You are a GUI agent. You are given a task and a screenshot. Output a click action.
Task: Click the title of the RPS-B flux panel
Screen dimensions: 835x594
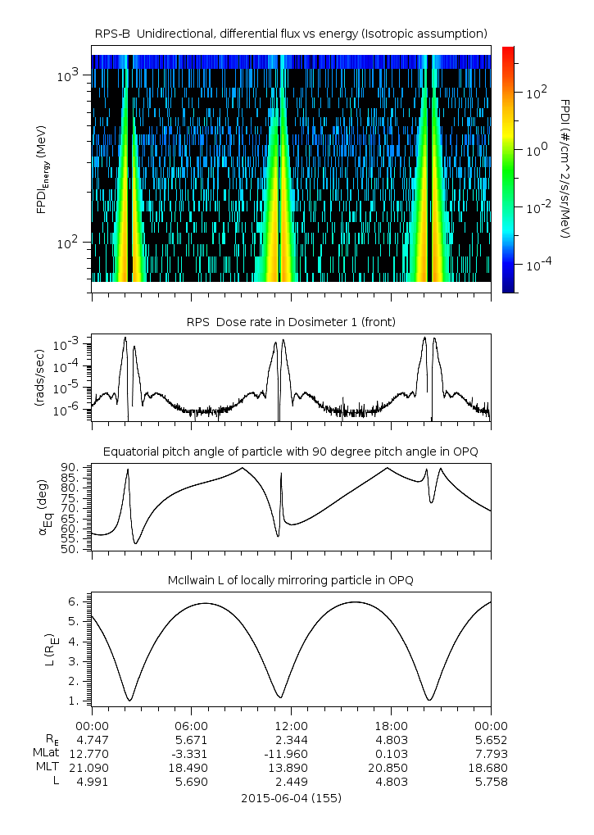coord(291,33)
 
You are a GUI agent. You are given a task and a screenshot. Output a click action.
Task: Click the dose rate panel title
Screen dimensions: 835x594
coord(291,322)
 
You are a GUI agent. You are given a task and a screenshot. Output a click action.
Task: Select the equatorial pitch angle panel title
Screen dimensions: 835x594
coord(291,452)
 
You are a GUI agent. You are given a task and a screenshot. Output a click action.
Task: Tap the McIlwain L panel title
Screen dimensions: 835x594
coord(291,580)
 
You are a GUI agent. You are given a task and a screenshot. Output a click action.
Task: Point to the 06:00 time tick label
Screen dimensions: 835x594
coord(191,726)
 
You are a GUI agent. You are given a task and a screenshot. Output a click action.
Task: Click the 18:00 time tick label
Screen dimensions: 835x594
coord(391,726)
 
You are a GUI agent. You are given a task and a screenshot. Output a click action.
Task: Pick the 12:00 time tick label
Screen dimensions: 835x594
coord(291,726)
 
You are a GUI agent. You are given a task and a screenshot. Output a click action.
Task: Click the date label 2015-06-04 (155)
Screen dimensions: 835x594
coord(291,797)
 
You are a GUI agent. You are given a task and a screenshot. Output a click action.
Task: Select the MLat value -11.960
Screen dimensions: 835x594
coord(291,754)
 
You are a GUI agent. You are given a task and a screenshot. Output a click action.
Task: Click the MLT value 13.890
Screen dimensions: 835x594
coord(291,768)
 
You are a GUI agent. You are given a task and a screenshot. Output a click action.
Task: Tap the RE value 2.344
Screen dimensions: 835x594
coord(291,740)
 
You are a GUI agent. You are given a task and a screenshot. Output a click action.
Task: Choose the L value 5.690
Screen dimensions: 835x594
coord(191,782)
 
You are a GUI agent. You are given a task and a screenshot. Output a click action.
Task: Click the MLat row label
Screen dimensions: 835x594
coord(44,754)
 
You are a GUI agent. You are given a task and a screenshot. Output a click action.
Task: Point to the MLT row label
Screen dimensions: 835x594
coord(46,768)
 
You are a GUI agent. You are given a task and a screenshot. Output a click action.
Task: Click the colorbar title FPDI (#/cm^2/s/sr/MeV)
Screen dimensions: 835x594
coord(565,168)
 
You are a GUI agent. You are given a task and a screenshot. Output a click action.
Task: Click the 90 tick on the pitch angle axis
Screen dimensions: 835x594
coord(70,467)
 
